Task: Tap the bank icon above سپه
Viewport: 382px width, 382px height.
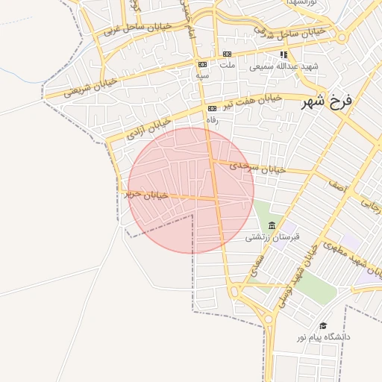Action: coord(202,65)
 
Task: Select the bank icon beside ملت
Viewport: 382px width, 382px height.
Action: coord(227,54)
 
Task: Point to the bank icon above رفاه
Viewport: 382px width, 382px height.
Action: coord(212,108)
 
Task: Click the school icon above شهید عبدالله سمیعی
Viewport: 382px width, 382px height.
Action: coord(284,54)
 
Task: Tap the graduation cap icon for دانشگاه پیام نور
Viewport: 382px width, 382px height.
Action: coord(323,325)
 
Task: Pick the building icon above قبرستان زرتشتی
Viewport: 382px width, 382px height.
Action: coord(272,225)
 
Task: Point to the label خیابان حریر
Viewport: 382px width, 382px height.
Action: coord(143,195)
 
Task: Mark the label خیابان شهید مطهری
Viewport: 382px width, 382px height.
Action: coord(352,254)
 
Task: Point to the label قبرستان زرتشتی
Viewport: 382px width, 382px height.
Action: coord(272,237)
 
